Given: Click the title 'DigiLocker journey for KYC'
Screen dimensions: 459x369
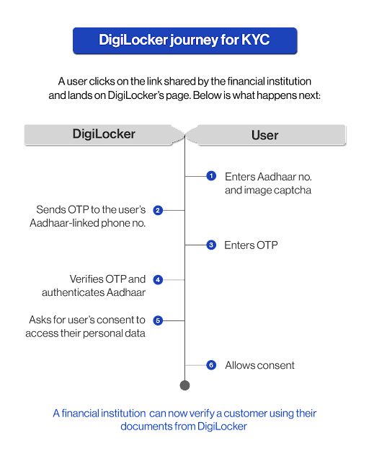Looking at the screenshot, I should tap(184, 41).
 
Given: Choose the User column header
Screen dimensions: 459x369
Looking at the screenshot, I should tap(264, 134).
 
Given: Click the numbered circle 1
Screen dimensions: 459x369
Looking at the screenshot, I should tap(211, 175).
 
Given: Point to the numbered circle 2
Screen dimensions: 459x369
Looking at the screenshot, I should tap(158, 210).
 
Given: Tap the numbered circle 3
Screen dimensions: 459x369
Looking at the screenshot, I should tap(211, 245).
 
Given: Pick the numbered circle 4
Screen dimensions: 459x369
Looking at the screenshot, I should tap(158, 279).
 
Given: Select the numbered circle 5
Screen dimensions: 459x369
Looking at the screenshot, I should tap(158, 320).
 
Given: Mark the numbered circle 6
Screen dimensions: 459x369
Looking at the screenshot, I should tap(211, 365).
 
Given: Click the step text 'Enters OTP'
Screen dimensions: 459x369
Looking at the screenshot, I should tap(252, 245).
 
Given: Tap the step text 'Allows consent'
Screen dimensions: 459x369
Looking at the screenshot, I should tap(259, 365).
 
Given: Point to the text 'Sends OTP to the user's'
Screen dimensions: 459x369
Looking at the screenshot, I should tap(91, 209).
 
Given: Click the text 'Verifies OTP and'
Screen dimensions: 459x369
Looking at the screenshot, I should tap(107, 279).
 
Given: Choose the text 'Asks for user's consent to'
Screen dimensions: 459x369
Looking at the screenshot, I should tap(87, 319).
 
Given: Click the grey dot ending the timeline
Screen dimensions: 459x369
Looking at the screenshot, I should tap(184, 385).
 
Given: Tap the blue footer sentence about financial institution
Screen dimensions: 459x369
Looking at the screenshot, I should tap(184, 419).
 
